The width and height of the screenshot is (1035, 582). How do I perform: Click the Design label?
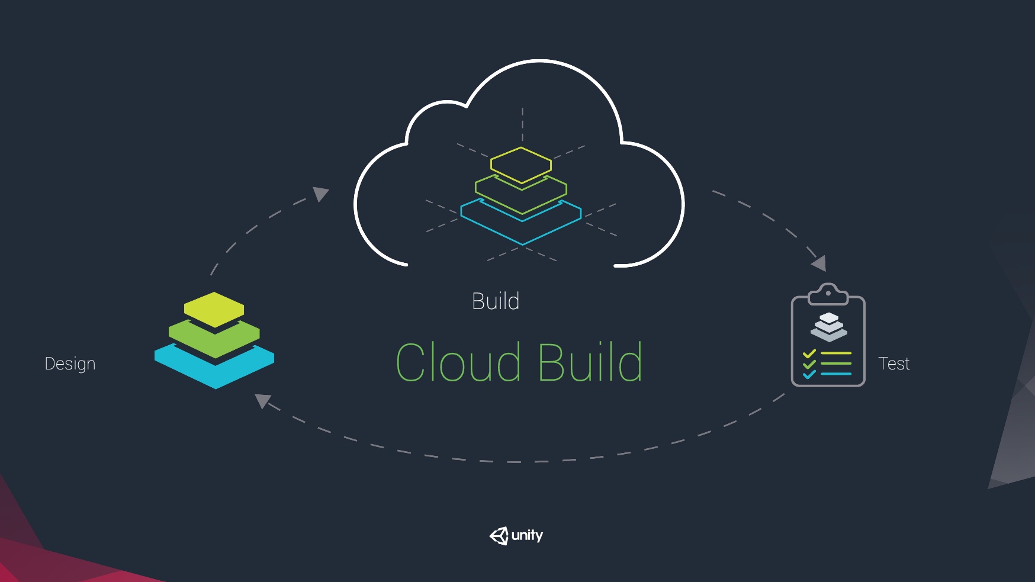pyautogui.click(x=70, y=364)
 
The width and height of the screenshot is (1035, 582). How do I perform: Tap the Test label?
pyautogui.click(x=893, y=364)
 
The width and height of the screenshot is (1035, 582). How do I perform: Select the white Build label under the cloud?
pyautogui.click(x=496, y=301)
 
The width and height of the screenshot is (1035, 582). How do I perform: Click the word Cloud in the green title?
pyautogui.click(x=458, y=362)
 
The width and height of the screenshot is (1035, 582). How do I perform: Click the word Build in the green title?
pyautogui.click(x=590, y=362)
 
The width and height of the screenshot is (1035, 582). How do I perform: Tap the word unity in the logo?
pyautogui.click(x=527, y=536)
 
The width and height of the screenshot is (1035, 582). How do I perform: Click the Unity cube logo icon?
pyautogui.click(x=499, y=536)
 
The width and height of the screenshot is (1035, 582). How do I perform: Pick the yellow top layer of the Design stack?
pyautogui.click(x=214, y=308)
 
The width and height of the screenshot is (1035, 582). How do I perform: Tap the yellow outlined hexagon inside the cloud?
pyautogui.click(x=521, y=164)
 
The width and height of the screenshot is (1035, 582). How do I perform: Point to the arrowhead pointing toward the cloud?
pyautogui.click(x=321, y=193)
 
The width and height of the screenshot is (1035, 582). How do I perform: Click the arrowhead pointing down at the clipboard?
pyautogui.click(x=819, y=263)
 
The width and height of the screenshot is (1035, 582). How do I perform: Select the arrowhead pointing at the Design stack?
pyautogui.click(x=262, y=401)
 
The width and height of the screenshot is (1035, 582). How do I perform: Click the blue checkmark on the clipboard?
pyautogui.click(x=809, y=374)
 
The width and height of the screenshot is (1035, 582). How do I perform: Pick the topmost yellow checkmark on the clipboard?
pyautogui.click(x=809, y=354)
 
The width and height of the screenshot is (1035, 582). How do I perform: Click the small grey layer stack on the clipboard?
pyautogui.click(x=828, y=327)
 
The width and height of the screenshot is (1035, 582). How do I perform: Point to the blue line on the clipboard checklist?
pyautogui.click(x=836, y=374)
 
